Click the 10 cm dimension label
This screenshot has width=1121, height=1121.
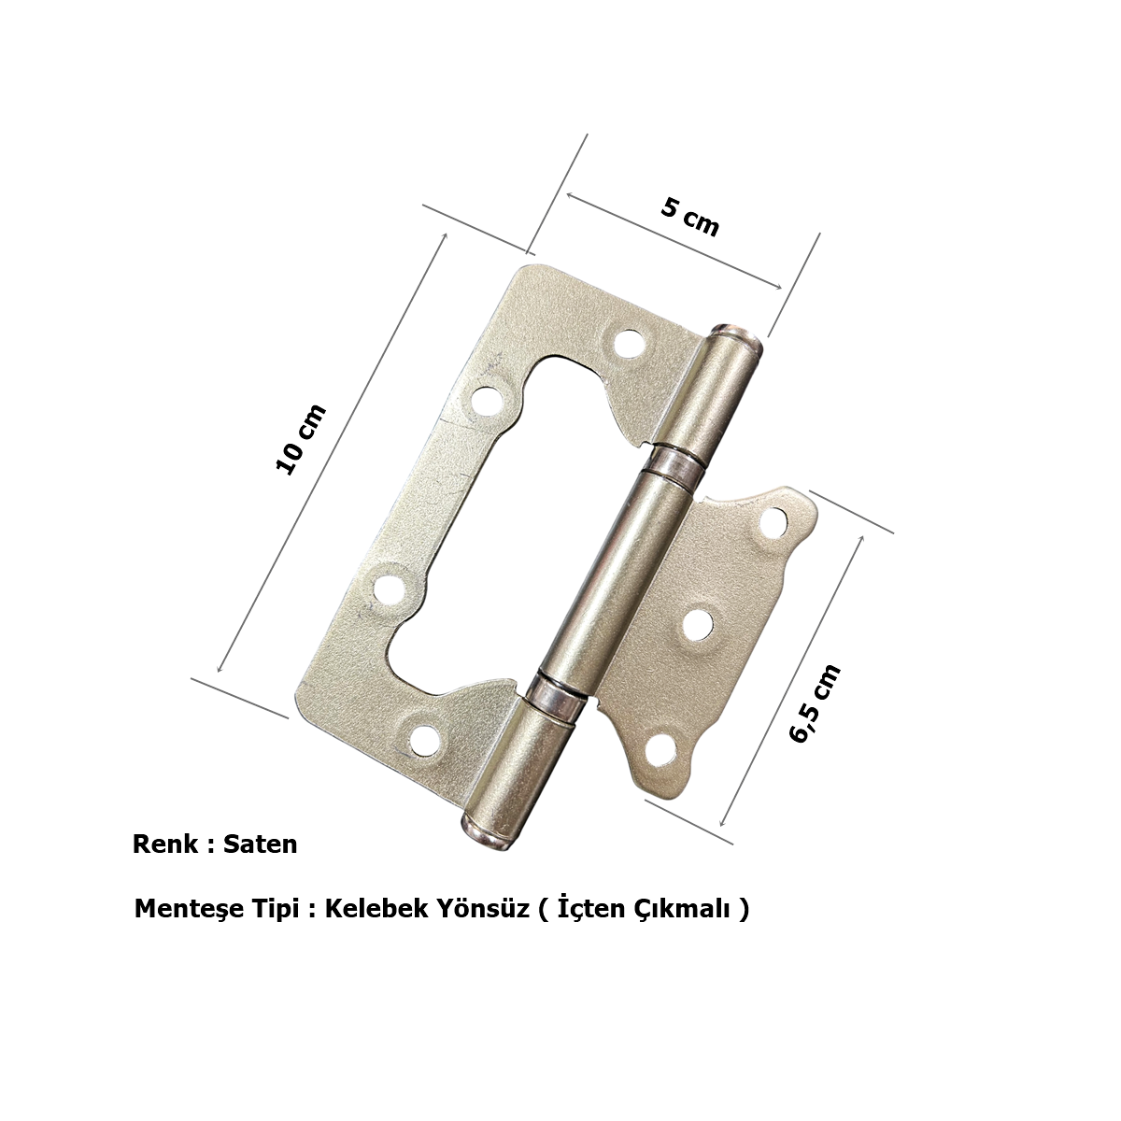point(300,439)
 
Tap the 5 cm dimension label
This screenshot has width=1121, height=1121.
point(690,218)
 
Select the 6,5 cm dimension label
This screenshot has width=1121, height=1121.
point(815,702)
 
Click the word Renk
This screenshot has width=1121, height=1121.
point(165,844)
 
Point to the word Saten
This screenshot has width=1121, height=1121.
point(260,844)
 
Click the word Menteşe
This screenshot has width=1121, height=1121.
point(189,909)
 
